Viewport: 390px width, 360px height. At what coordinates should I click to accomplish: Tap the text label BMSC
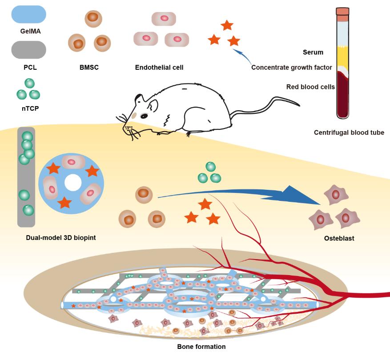point(88,68)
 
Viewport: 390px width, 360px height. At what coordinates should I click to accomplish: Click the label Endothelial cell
point(159,68)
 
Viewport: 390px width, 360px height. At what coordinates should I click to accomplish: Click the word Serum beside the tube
point(313,52)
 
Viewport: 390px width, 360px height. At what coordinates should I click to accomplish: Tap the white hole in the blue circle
point(72,183)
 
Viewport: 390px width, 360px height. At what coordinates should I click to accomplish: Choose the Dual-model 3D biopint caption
point(61,237)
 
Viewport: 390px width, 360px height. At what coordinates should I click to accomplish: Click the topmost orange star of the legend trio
point(227,25)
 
